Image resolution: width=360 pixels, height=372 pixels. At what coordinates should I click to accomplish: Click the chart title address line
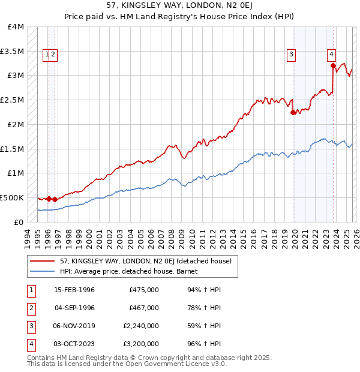[180, 5]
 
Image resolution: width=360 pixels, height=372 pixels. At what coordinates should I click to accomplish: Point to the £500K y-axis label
[13, 197]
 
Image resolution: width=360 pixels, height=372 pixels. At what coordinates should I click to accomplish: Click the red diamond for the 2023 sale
[333, 66]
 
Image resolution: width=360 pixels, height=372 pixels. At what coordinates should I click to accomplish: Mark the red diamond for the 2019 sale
[293, 112]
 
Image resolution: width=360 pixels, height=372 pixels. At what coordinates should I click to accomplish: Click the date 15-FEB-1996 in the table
[74, 290]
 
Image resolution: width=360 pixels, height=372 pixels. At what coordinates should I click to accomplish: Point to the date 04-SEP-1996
[74, 308]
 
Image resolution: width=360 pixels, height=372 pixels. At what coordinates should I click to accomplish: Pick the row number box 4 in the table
[31, 344]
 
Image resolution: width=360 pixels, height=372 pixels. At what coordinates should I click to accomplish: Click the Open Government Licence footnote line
[118, 364]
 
